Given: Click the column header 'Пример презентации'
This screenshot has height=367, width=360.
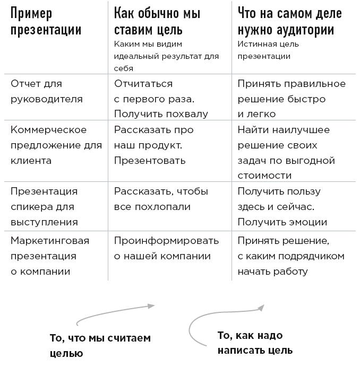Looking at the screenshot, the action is tap(46, 22).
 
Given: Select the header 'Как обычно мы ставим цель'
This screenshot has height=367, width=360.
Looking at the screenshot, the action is tap(157, 22).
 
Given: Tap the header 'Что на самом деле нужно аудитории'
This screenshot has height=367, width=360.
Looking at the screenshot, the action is tap(290, 22).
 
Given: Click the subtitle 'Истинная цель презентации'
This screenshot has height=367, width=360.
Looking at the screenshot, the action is tap(268, 50).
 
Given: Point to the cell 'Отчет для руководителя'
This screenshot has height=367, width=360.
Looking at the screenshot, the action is tap(47, 92).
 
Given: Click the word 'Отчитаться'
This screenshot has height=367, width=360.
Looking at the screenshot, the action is tap(143, 84).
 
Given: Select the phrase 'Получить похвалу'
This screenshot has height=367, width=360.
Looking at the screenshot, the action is tap(161, 114).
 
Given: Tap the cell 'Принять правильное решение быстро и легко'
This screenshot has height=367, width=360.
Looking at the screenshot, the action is tap(292, 99).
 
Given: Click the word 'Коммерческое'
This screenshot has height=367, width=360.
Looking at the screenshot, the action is tap(48, 129).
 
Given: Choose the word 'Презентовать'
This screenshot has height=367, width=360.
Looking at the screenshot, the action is tap(150, 161).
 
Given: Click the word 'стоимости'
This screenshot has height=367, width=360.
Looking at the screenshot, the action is tap(264, 176).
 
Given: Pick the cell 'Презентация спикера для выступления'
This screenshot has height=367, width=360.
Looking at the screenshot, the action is tap(44, 207).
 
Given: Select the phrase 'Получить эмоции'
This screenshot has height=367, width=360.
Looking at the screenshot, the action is tap(282, 222).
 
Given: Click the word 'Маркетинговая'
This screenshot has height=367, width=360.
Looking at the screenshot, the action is tap(50, 241).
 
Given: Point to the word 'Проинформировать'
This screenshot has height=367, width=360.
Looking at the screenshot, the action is tap(166, 241).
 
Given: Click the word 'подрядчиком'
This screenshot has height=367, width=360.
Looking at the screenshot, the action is tap(311, 256).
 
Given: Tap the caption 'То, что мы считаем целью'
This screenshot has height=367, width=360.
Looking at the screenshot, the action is tap(100, 346).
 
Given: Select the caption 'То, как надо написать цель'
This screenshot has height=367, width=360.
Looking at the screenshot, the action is tap(255, 343).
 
